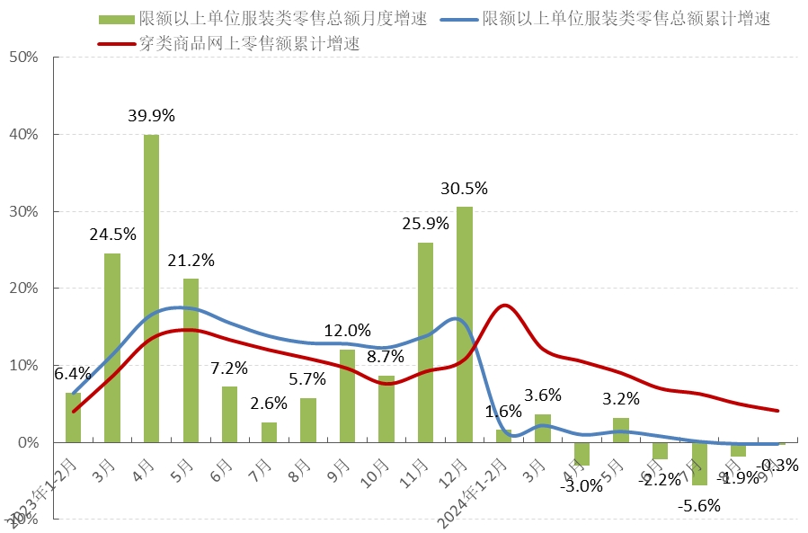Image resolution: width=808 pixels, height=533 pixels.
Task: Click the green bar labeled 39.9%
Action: (x=151, y=288)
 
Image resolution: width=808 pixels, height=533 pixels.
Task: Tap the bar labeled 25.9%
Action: (x=425, y=342)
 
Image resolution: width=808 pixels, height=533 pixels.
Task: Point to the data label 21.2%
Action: (x=191, y=261)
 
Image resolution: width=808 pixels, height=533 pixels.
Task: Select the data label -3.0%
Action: (x=581, y=486)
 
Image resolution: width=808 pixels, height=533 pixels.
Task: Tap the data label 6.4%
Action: (x=73, y=374)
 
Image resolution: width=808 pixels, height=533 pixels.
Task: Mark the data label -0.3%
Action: (x=778, y=465)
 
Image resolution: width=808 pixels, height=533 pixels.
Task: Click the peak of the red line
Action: (x=505, y=306)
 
